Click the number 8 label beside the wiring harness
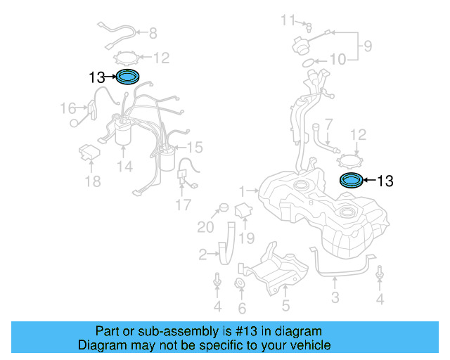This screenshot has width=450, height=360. [153, 32]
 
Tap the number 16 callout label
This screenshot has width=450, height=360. [67, 108]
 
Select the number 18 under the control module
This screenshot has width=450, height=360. [92, 182]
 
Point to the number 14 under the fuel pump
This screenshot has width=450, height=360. [124, 167]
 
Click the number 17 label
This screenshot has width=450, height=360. [183, 205]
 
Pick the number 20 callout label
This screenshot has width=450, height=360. [205, 226]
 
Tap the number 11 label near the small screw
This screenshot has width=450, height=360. [289, 19]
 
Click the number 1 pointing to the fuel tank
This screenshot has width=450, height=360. [243, 191]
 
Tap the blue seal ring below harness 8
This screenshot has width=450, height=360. [128, 77]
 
